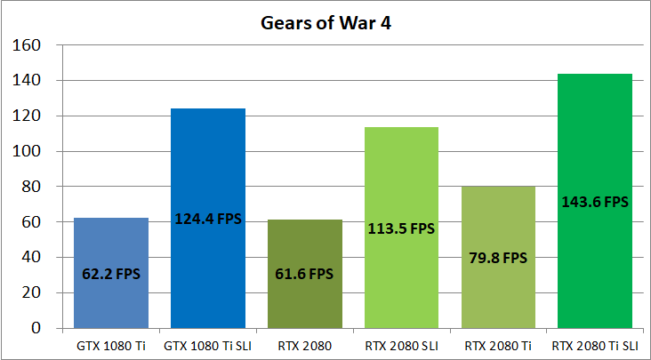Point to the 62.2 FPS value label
point(111,275)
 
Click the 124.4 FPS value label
point(208,219)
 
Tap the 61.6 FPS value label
point(304,275)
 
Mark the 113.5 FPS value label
point(401,228)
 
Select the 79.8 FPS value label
point(498,259)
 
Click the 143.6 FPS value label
point(594,202)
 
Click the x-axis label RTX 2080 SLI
point(401,343)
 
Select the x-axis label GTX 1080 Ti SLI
point(208,343)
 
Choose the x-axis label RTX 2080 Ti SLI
point(594,343)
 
